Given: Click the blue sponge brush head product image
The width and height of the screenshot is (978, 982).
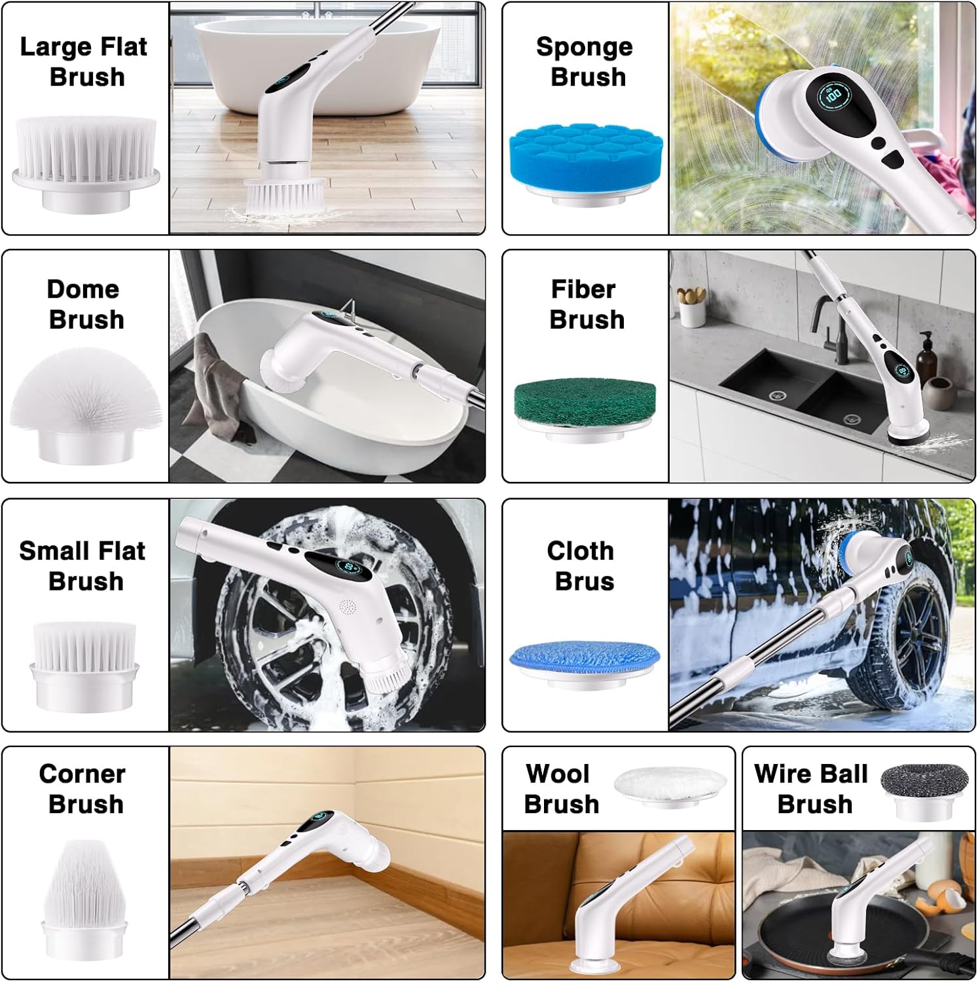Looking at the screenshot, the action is tap(586, 163).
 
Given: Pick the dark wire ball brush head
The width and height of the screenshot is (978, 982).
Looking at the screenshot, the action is tap(924, 791).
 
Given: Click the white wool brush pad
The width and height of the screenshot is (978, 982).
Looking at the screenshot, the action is tap(670, 786).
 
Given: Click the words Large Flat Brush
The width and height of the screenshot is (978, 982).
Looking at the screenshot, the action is tap(84, 62).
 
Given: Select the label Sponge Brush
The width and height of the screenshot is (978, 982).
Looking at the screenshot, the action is tap(585, 62).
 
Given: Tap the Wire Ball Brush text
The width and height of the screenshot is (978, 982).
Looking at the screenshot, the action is tap(812, 788).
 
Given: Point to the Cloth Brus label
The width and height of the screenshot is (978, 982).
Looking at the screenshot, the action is tap(582, 566).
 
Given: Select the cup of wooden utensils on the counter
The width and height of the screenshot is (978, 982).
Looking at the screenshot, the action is tap(691, 305).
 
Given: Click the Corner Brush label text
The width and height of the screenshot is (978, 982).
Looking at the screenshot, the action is tap(83, 788).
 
